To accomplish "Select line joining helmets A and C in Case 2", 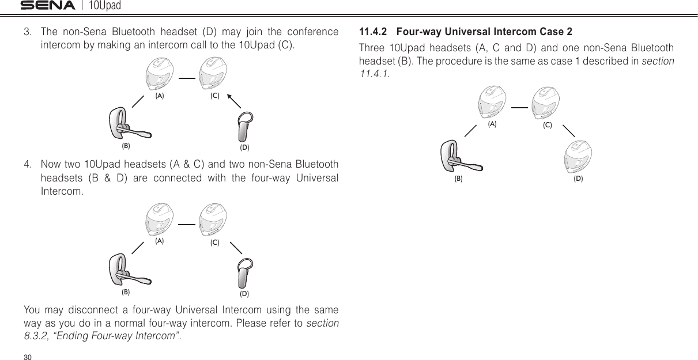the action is coord(519,107).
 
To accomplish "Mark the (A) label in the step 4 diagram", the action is coord(159,241).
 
